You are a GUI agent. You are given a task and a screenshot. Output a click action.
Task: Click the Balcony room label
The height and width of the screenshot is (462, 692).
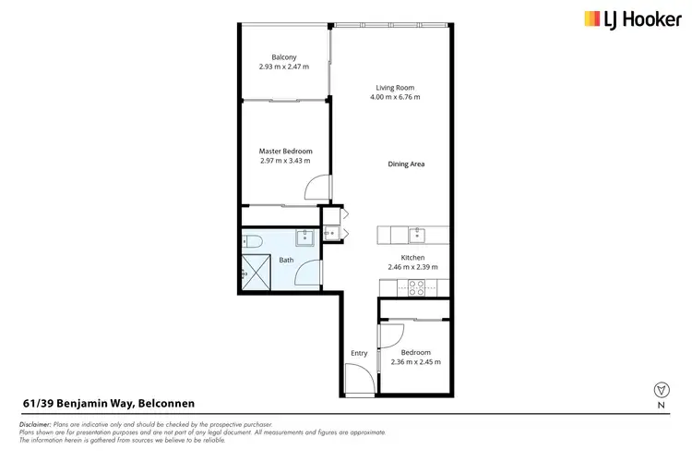[284, 56]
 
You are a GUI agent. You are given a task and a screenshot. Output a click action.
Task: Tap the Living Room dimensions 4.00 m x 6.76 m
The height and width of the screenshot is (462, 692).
[394, 97]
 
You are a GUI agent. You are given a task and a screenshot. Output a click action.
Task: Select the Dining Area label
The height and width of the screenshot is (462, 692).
[405, 164]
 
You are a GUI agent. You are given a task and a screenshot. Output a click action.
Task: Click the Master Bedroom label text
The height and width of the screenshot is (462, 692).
[285, 151]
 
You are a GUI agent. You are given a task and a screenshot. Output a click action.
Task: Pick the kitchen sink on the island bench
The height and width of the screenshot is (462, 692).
[416, 233]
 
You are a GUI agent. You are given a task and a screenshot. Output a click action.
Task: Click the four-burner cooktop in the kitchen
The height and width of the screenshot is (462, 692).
[415, 286]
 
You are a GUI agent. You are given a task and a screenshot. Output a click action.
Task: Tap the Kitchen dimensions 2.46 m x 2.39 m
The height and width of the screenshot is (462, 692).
[412, 267]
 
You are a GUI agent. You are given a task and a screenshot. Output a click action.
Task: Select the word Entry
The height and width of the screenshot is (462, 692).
[359, 353]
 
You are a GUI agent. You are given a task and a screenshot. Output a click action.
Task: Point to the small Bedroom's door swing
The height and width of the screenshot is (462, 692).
[391, 336]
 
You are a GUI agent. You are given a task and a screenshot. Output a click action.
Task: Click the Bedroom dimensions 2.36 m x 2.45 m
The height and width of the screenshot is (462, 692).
[415, 361]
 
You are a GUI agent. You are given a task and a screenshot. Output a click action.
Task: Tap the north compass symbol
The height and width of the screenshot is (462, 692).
[660, 390]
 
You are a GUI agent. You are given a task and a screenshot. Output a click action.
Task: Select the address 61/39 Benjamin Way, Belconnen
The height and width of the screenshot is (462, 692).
[109, 403]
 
